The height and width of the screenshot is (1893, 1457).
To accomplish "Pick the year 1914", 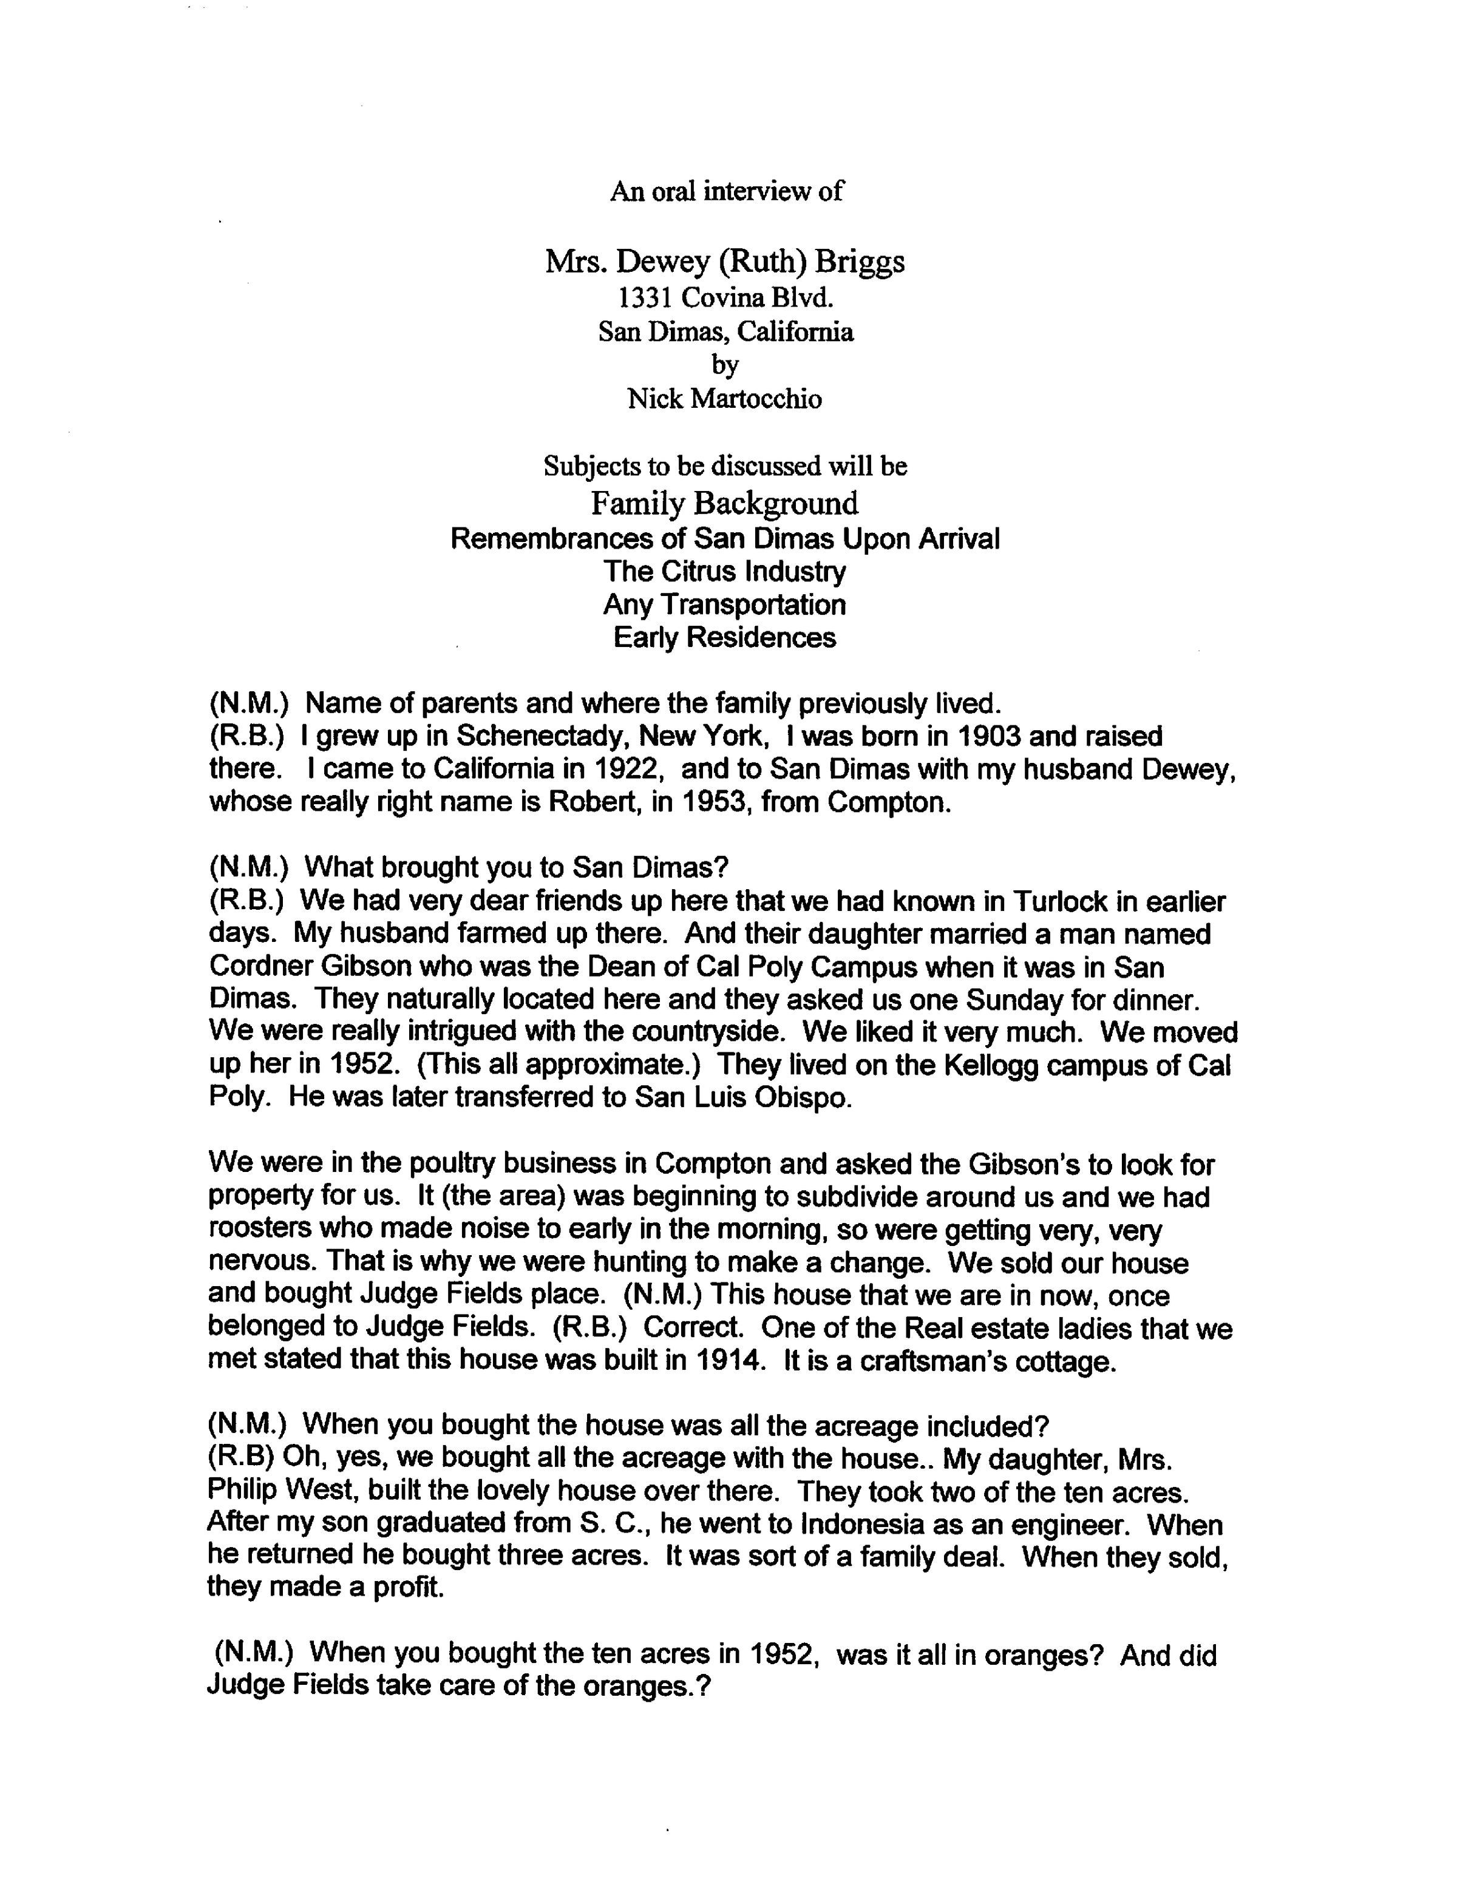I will pos(729,1361).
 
